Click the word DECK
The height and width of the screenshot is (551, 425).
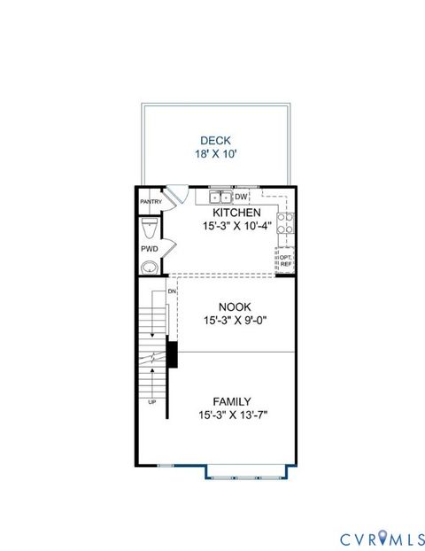point(214,139)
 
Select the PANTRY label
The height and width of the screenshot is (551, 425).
point(151,202)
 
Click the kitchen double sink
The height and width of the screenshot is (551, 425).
point(220,197)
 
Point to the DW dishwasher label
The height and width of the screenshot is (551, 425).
point(241,197)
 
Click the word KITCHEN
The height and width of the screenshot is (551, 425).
point(236,213)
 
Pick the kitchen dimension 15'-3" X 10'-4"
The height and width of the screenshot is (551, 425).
point(236,227)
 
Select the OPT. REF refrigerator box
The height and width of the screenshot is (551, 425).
point(285,260)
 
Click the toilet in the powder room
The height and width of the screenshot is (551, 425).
point(150,229)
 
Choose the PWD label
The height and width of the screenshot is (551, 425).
point(150,250)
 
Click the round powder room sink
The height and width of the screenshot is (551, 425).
point(151,266)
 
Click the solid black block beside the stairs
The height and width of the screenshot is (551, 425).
point(173,354)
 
